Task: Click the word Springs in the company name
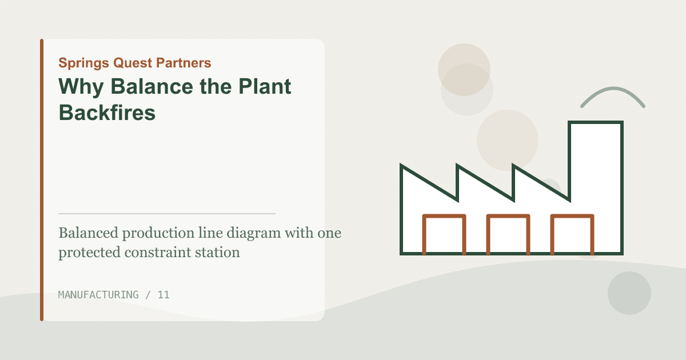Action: click(x=83, y=63)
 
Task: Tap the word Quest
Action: click(x=133, y=63)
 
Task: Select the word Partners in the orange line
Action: click(x=184, y=63)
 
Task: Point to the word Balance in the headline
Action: click(x=152, y=86)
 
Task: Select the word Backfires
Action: click(x=107, y=113)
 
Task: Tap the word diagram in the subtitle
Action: click(x=254, y=234)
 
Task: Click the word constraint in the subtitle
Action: click(x=158, y=253)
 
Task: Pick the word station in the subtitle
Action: click(x=217, y=253)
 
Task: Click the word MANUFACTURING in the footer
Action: click(x=98, y=295)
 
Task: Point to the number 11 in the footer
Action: click(x=163, y=295)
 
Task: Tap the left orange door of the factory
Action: click(x=444, y=216)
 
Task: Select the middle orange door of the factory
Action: click(x=508, y=216)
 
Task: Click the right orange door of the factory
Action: click(x=572, y=216)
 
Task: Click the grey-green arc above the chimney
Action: click(x=613, y=89)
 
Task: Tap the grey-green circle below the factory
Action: click(x=629, y=293)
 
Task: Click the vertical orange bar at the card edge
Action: click(x=42, y=180)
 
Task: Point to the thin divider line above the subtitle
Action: click(x=167, y=214)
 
